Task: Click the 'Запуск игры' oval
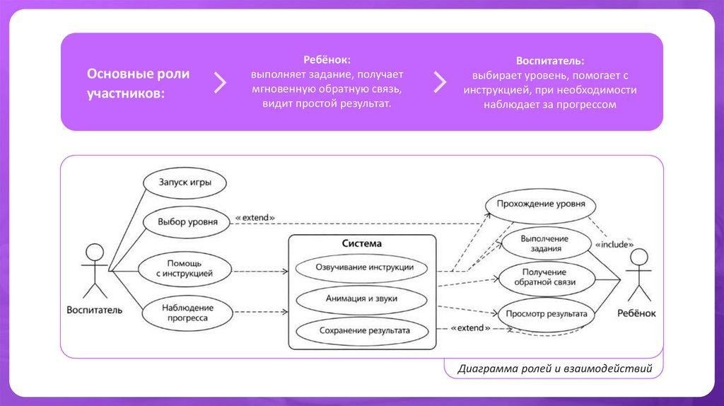tap(183, 182)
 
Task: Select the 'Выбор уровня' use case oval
tap(187, 222)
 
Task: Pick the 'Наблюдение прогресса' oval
tap(187, 313)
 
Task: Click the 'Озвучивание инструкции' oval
tap(361, 268)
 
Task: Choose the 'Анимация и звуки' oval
tap(361, 298)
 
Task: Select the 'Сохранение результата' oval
tap(361, 330)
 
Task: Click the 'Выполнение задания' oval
tap(544, 243)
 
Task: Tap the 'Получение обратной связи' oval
tap(544, 277)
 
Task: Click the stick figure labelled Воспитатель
tap(93, 271)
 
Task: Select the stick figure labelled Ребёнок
tap(639, 276)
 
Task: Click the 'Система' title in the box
tap(361, 244)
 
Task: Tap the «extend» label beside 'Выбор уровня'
tap(254, 218)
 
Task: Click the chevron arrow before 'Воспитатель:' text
tap(440, 82)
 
